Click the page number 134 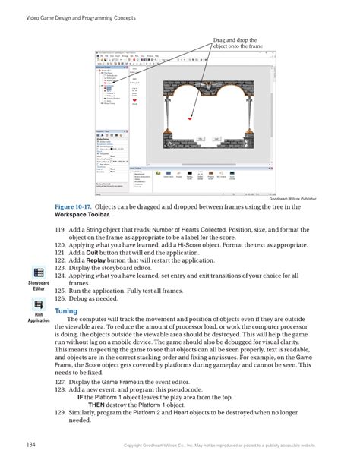pos(31,443)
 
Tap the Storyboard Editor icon pos(39,273)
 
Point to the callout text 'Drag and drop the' pos(234,39)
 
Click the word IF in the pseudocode pos(80,396)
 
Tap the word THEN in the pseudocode pos(96,404)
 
